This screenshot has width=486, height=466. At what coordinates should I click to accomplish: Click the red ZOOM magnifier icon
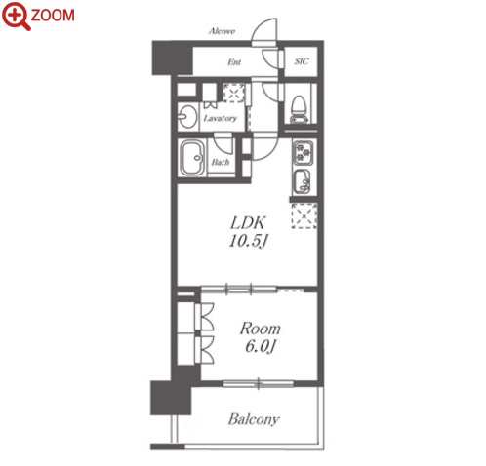[x=16, y=16]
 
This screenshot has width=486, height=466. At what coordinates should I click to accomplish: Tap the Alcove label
[x=222, y=31]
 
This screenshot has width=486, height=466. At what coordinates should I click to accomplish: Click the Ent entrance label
[x=234, y=61]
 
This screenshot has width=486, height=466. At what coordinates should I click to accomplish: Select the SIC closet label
[x=302, y=61]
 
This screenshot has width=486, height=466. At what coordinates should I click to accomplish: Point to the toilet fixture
[x=300, y=109]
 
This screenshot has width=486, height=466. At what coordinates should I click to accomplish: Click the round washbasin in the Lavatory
[x=187, y=116]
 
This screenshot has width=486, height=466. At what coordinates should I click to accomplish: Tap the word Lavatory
[x=221, y=118]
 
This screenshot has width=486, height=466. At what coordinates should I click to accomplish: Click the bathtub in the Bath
[x=192, y=158]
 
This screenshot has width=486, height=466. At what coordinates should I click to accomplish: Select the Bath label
[x=221, y=162]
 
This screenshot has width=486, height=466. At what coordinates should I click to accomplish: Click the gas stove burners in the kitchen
[x=303, y=152]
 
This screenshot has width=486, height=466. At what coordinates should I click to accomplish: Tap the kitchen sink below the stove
[x=303, y=181]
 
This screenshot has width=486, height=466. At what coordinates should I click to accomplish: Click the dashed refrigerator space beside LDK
[x=304, y=215]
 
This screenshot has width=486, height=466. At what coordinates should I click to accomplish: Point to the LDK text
[x=248, y=223]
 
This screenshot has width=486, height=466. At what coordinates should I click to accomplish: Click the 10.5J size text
[x=249, y=241]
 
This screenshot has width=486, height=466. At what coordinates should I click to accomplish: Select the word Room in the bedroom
[x=260, y=329]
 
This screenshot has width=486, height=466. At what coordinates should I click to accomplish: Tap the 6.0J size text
[x=261, y=347]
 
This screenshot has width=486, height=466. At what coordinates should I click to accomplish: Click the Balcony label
[x=254, y=419]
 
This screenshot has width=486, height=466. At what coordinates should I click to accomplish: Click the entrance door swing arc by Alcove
[x=264, y=30]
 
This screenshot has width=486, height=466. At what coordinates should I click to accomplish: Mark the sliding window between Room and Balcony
[x=259, y=384]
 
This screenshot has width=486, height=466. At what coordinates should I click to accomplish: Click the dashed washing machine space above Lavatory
[x=233, y=93]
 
